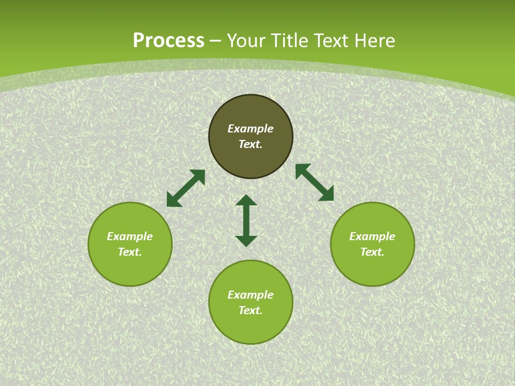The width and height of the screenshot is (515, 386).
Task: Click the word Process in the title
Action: tap(168, 41)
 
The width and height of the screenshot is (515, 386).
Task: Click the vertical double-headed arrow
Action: tap(246, 221)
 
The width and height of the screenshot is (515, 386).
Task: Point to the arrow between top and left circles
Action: tap(186, 188)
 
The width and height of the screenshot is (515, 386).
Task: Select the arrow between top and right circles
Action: tap(314, 182)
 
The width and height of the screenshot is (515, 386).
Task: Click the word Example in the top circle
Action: tap(251, 129)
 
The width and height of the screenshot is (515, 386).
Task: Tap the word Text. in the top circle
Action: tap(251, 144)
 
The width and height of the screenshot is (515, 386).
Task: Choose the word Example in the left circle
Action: tap(130, 236)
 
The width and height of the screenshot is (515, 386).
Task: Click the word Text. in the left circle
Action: tap(130, 252)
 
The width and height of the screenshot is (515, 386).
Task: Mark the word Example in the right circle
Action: tap(372, 236)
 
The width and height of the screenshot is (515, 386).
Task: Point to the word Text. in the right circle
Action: tap(372, 252)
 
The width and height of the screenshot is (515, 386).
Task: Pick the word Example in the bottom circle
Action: tap(251, 295)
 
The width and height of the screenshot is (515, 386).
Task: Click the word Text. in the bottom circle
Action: tap(251, 310)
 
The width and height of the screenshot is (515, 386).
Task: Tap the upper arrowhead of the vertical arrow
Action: tap(246, 201)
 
